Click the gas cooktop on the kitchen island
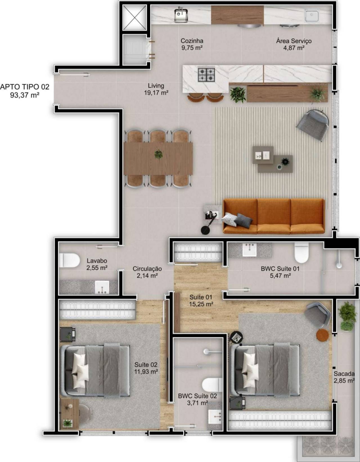pyautogui.click(x=206, y=75)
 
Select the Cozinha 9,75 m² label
pyautogui.click(x=192, y=44)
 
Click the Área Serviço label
pyautogui.click(x=294, y=41)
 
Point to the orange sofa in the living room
pyautogui.click(x=274, y=216)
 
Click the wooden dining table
pyautogui.click(x=158, y=159)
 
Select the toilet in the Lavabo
pyautogui.click(x=69, y=260)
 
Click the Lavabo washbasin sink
pyautogui.click(x=102, y=287)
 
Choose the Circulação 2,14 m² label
pyautogui.click(x=147, y=272)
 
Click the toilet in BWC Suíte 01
pyautogui.click(x=301, y=253)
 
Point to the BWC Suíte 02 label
pyautogui.click(x=197, y=396)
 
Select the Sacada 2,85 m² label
pyautogui.click(x=344, y=377)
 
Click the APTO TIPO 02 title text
pyautogui.click(x=25, y=87)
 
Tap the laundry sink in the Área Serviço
pyautogui.click(x=312, y=15)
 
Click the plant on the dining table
pyautogui.click(x=158, y=154)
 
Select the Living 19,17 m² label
pyautogui.click(x=156, y=89)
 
